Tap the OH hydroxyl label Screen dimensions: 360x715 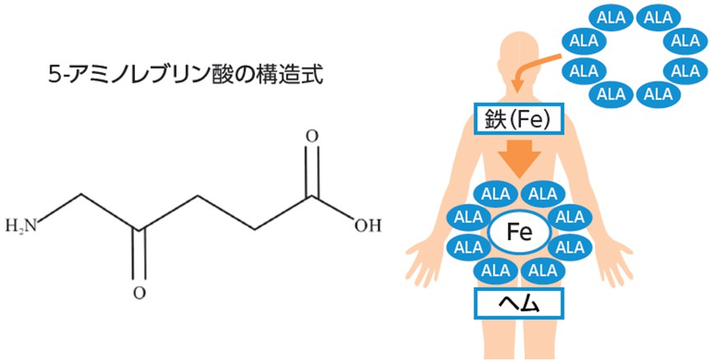pyautogui.click(x=367, y=224)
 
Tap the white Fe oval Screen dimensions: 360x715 pyautogui.click(x=519, y=233)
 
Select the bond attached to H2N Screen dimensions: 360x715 pyautogui.click(x=62, y=209)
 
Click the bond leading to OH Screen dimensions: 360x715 pyautogui.click(x=334, y=210)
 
